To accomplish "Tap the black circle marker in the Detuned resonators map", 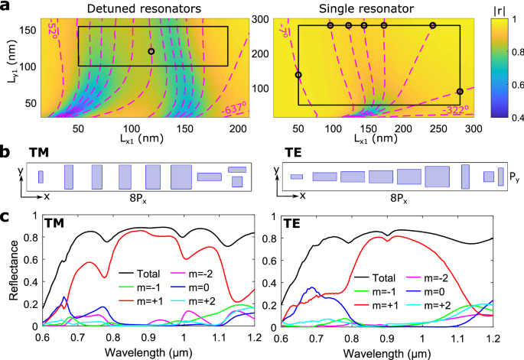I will (151, 51).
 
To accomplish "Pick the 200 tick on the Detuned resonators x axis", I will (238, 128).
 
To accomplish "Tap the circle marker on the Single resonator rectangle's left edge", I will (298, 75).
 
